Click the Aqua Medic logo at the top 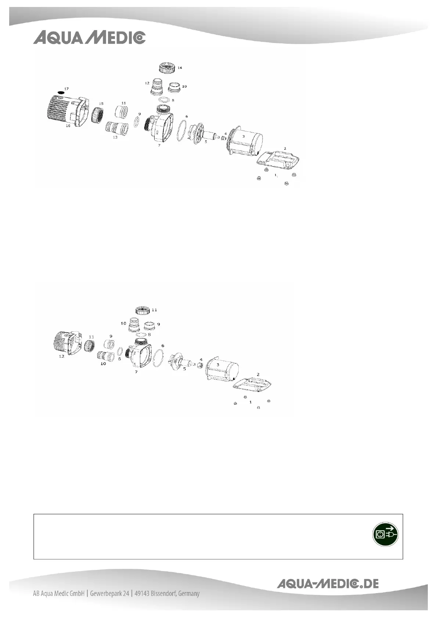point(89,38)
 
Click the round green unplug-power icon point(385,534)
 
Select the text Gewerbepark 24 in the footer point(109,593)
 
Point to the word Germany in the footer point(189,593)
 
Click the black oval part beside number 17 point(61,92)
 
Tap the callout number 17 point(66,89)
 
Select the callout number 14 point(180,68)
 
